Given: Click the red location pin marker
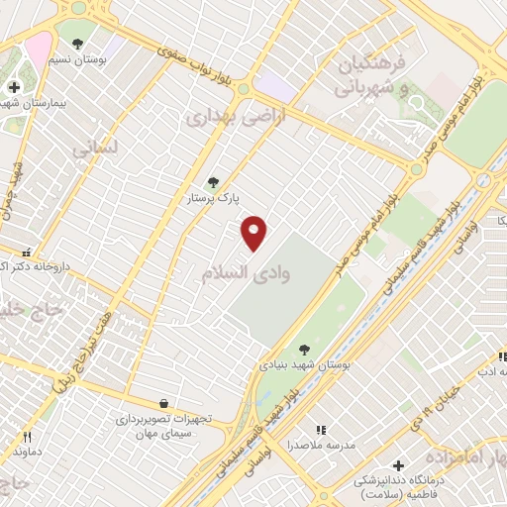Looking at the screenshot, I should coord(254,232).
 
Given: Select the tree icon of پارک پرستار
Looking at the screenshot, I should coord(211,182).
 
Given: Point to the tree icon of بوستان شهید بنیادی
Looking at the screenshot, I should coord(304,349).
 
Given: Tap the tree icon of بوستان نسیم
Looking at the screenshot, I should coord(77,42).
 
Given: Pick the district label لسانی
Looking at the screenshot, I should coord(95,149).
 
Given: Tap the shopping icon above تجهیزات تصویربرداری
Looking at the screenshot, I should coord(164,404).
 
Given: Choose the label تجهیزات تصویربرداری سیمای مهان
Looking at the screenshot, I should coord(163,426).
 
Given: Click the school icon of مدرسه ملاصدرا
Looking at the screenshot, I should coord(319,430).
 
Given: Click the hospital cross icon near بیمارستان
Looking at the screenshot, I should coord(13,87).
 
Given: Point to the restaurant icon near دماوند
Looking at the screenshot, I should coord(28,436).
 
